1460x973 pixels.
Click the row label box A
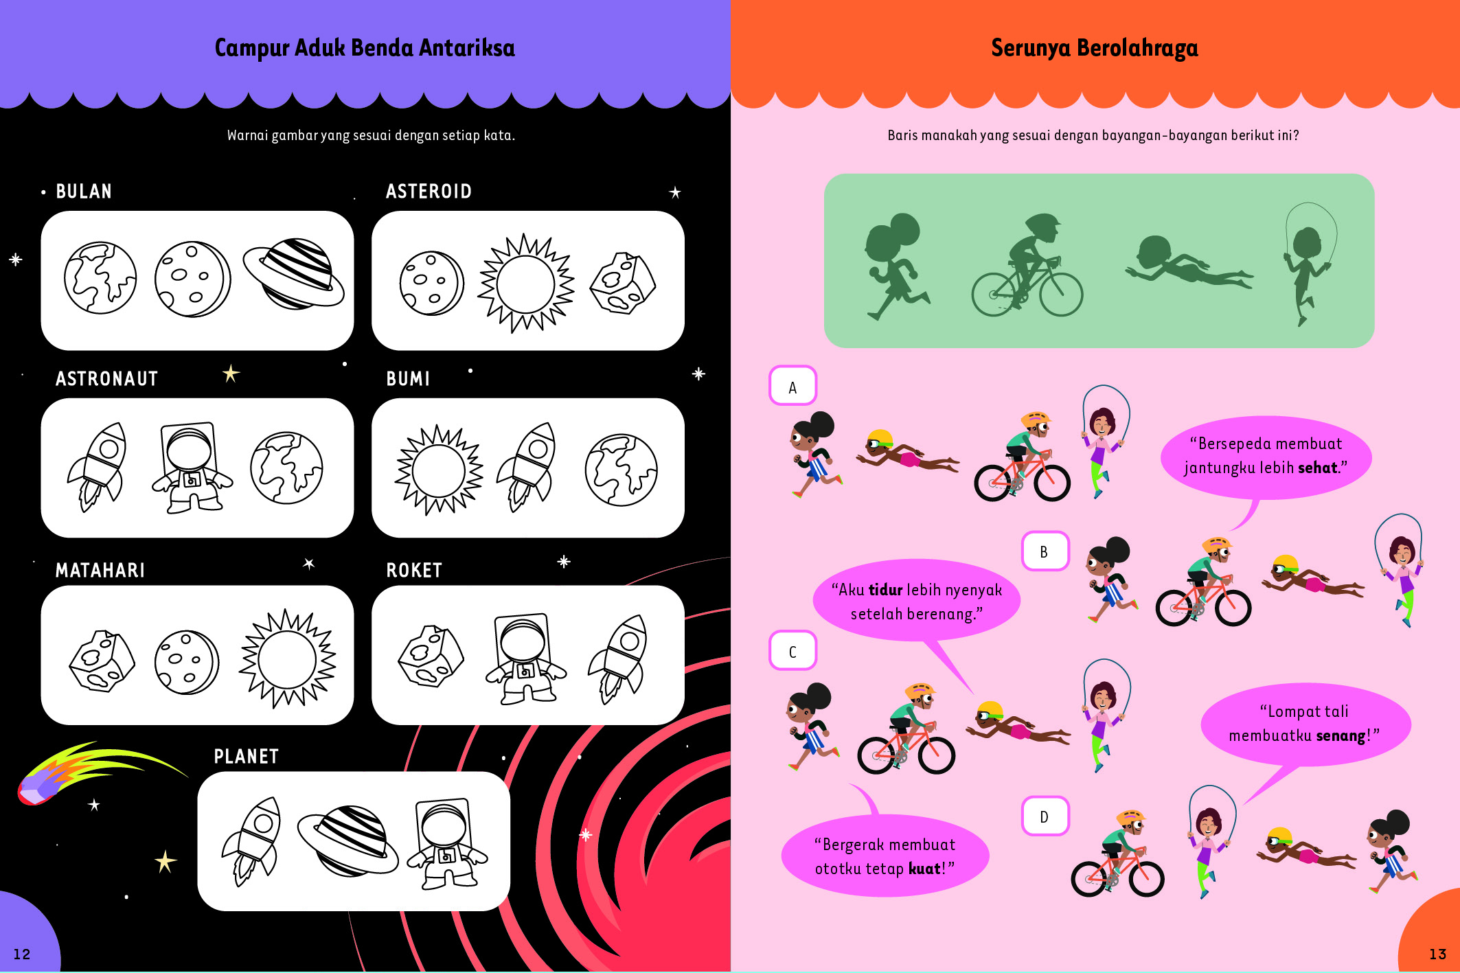(792, 386)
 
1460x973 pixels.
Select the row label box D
(1045, 816)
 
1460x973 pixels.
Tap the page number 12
(22, 954)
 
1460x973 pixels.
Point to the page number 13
(1437, 954)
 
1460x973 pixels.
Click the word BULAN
(84, 192)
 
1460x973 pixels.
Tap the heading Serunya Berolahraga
(1094, 48)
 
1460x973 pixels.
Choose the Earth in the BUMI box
(621, 470)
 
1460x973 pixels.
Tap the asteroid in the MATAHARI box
(102, 661)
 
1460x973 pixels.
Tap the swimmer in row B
(1312, 578)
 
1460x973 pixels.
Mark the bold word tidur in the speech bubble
(885, 590)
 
